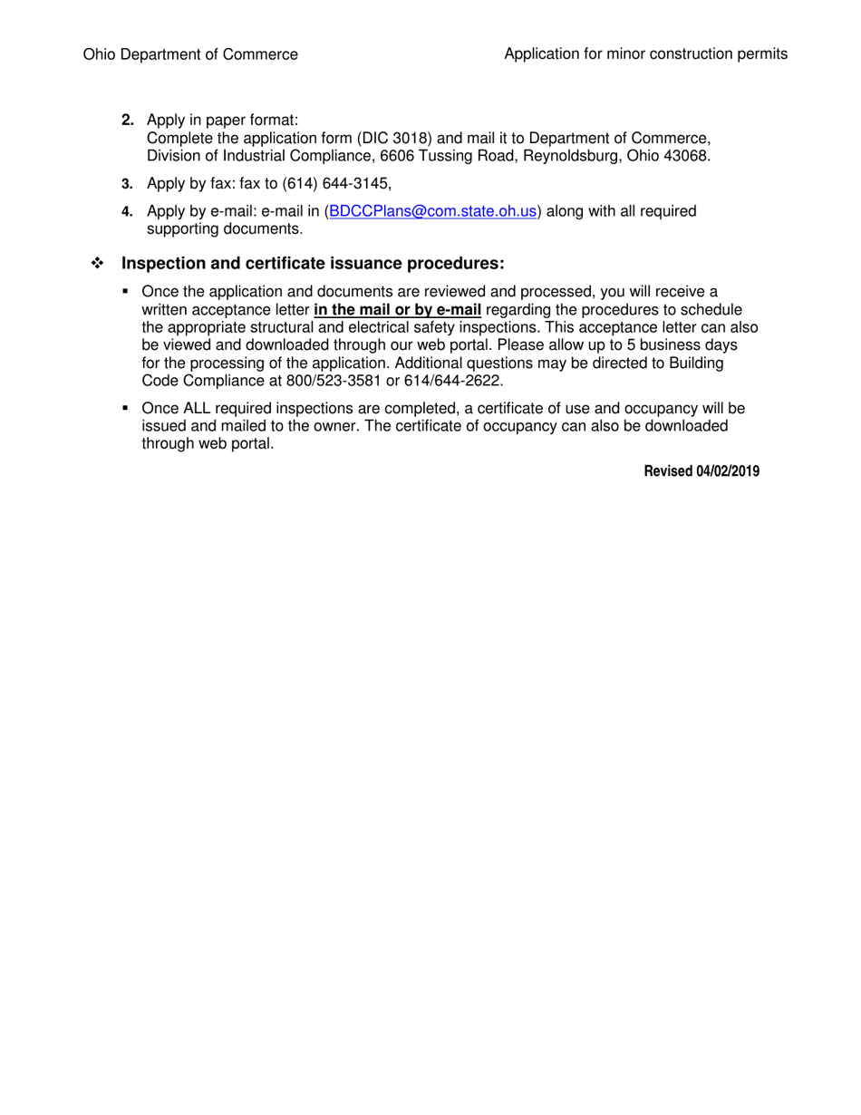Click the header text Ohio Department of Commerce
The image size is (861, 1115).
pyautogui.click(x=190, y=54)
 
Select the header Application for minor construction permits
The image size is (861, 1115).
pyautogui.click(x=645, y=54)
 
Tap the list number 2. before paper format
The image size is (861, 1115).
pyautogui.click(x=128, y=121)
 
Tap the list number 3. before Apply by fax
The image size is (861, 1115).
pyautogui.click(x=128, y=184)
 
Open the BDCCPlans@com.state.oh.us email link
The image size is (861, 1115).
pyautogui.click(x=434, y=211)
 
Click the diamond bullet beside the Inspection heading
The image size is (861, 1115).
pyautogui.click(x=98, y=264)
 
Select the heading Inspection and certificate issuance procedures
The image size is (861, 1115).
pyautogui.click(x=313, y=264)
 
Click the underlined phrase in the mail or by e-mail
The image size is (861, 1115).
pyautogui.click(x=397, y=310)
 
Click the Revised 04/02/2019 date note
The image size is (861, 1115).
pyautogui.click(x=701, y=471)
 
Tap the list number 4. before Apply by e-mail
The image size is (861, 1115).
pyautogui.click(x=128, y=211)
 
